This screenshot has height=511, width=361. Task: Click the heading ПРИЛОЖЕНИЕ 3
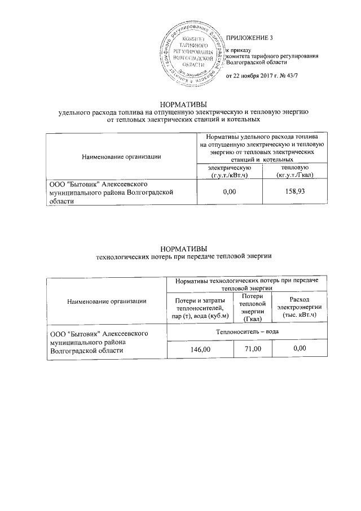pos(249,38)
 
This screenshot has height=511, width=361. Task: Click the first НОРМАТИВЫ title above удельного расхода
pos(183,104)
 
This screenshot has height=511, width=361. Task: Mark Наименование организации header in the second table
pos(106,301)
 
